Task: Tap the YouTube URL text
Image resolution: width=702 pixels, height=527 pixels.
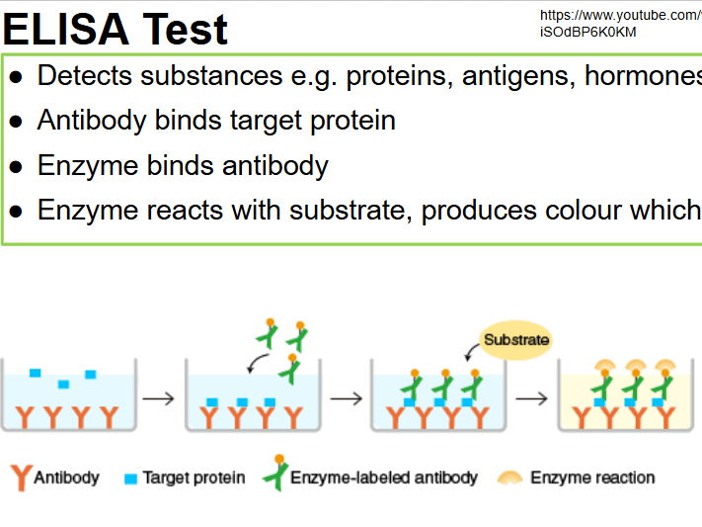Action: [x=620, y=23]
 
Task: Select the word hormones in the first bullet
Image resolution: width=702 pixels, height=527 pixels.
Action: [x=643, y=75]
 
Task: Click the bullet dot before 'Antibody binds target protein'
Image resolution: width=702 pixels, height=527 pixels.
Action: [x=15, y=122]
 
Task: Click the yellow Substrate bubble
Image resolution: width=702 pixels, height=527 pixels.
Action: [x=515, y=340]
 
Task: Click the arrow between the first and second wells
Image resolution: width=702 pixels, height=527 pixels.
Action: [x=158, y=399]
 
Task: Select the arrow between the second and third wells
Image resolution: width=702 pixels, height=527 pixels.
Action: [x=346, y=399]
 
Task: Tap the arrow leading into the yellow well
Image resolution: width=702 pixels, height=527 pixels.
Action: [x=531, y=399]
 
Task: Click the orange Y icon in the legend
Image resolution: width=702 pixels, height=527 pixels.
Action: [x=20, y=478]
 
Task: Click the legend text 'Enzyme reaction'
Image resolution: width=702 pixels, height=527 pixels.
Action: [x=592, y=478]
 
